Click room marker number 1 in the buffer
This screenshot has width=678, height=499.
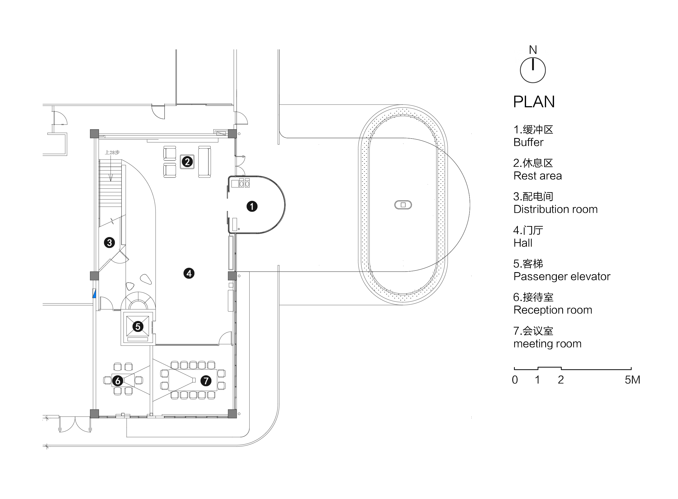tap(252, 207)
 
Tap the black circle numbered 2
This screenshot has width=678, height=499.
tap(187, 162)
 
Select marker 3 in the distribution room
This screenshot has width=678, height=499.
tap(109, 243)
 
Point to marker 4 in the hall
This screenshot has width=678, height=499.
tap(189, 273)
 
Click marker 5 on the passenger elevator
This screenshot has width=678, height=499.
tap(138, 326)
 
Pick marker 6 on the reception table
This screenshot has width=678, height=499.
tap(118, 381)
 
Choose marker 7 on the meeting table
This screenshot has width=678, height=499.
tap(206, 380)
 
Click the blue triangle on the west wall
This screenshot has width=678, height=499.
tap(94, 294)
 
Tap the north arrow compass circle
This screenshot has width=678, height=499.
tap(533, 71)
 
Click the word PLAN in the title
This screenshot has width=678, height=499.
tap(534, 102)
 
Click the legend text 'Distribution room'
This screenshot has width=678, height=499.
tap(555, 209)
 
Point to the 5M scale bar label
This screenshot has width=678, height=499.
tap(632, 380)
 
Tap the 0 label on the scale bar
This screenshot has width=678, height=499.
tap(515, 380)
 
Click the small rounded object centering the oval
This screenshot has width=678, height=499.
tap(403, 205)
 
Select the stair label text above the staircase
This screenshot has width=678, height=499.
tap(112, 153)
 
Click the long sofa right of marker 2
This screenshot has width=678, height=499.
tap(204, 162)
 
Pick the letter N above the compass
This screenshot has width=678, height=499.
tap(533, 50)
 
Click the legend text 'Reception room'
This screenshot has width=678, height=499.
tap(553, 310)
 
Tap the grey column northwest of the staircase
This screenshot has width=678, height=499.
tap(95, 134)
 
